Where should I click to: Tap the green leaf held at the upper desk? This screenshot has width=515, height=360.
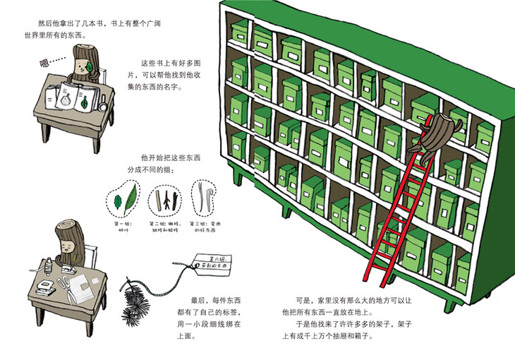pos(92,65)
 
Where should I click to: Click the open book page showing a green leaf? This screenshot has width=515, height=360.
pos(85,103)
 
